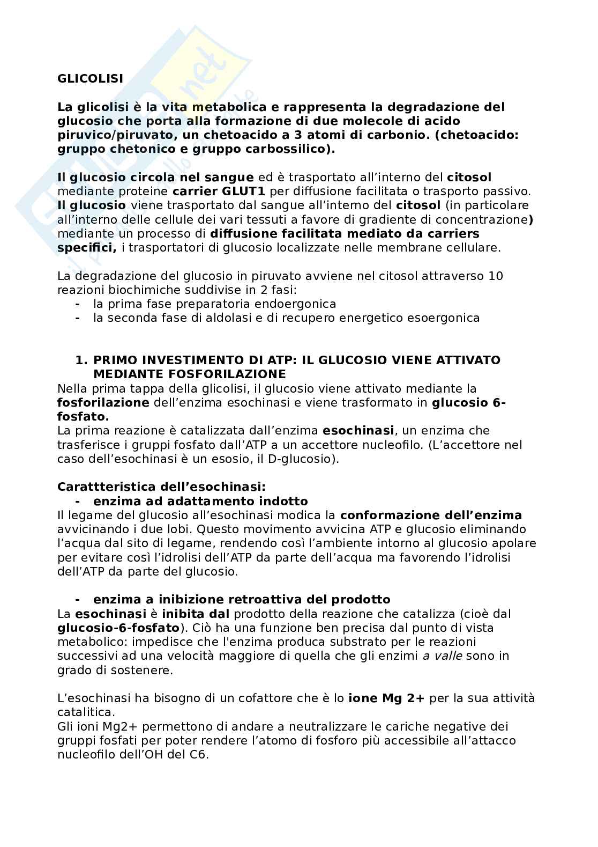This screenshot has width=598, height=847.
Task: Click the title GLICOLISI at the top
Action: [x=90, y=78]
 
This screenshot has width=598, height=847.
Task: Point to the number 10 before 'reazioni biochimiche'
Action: [x=496, y=276]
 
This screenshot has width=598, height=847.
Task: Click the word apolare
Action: [x=512, y=543]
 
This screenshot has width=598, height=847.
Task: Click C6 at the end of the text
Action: [x=197, y=754]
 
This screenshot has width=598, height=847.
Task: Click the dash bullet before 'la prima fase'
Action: [x=78, y=304]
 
